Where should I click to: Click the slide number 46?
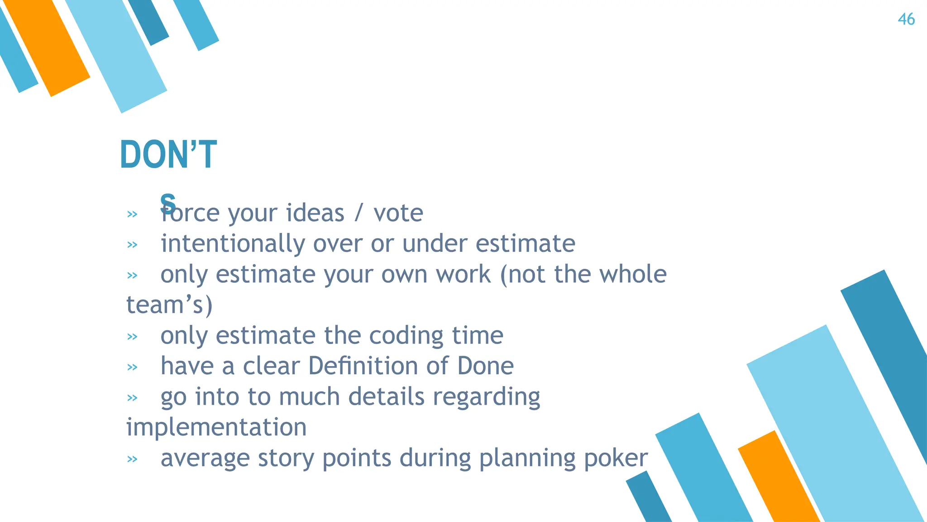click(x=906, y=19)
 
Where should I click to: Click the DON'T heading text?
click(x=168, y=155)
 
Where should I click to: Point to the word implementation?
click(x=216, y=427)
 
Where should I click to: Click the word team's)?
click(x=169, y=305)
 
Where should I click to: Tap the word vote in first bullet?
click(x=398, y=213)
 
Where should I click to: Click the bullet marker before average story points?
click(x=132, y=459)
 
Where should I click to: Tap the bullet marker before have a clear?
click(x=132, y=367)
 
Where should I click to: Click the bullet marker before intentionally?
click(x=132, y=245)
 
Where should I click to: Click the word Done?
click(x=485, y=366)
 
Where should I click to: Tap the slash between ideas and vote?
click(x=358, y=213)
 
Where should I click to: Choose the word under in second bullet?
click(x=435, y=244)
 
